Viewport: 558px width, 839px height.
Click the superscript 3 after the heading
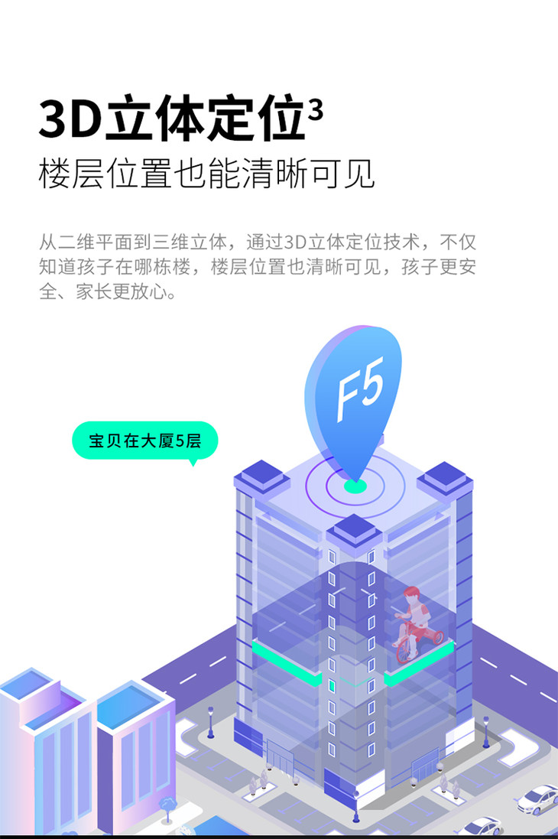316,111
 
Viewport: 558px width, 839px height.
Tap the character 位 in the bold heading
280,118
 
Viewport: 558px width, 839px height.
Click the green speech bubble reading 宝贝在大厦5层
145,441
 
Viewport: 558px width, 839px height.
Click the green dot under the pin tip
355,486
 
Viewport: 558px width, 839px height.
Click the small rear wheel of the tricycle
437,637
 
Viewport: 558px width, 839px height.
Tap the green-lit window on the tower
332,685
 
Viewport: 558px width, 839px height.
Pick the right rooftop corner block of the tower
445,478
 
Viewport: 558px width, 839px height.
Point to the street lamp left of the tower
211,722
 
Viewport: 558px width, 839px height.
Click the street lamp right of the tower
486,731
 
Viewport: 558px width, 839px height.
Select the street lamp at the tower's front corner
355,806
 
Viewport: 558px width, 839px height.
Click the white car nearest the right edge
537,799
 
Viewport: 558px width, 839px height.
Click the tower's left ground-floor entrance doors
280,756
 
